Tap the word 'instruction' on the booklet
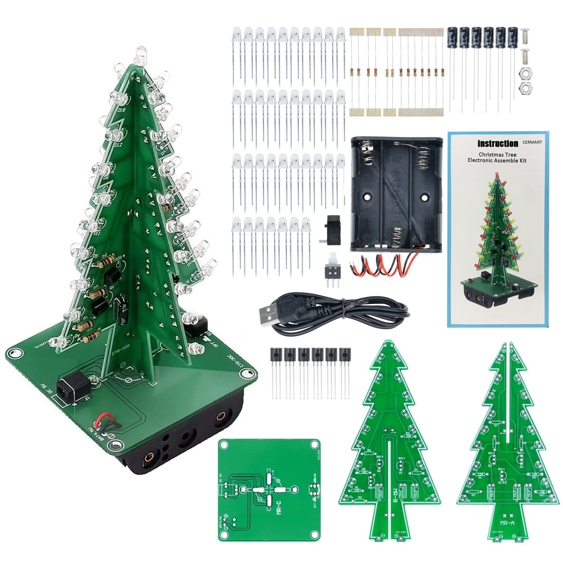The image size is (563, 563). coord(498,144)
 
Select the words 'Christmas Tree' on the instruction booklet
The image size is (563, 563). coord(497,154)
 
